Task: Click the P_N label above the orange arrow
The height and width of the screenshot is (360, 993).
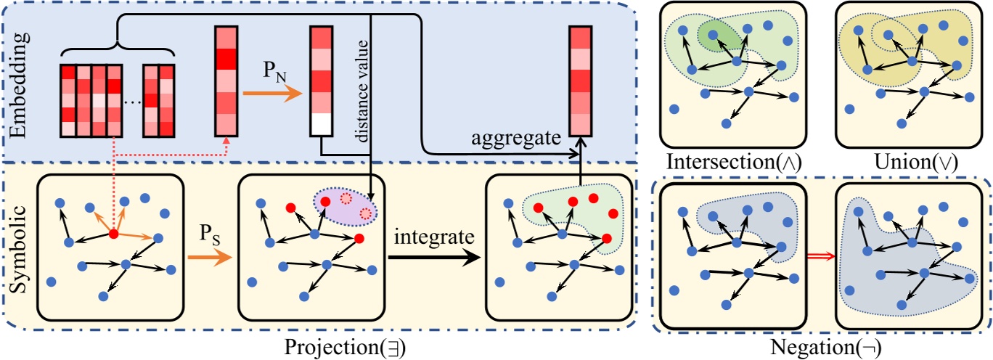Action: tap(275, 71)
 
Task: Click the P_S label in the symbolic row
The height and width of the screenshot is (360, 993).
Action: tap(209, 234)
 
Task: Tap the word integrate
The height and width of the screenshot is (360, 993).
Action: tap(434, 237)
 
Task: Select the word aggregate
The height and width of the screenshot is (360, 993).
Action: tap(515, 139)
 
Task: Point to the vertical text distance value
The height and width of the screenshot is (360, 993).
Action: tap(362, 91)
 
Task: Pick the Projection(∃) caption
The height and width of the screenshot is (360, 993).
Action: tap(345, 348)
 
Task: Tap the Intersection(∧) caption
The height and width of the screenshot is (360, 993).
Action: tap(734, 163)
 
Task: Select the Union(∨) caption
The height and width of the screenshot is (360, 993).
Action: tap(916, 163)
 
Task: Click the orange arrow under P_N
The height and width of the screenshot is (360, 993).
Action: tap(272, 94)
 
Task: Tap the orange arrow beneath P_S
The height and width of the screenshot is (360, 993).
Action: tap(210, 258)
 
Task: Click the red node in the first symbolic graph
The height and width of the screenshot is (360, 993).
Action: tap(114, 234)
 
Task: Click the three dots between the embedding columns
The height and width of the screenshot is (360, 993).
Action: tap(132, 102)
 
